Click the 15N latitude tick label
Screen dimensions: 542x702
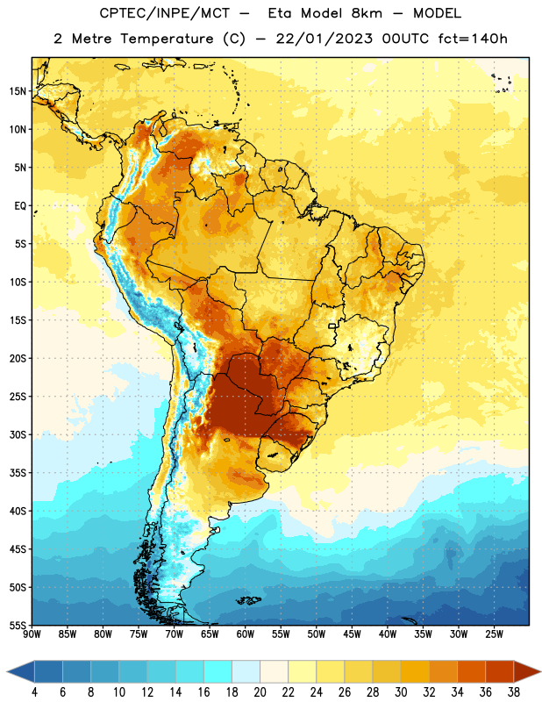coord(18,91)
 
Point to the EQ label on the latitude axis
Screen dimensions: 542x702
coord(20,206)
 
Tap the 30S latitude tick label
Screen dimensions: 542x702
coord(18,434)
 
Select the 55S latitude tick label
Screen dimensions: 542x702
coord(18,626)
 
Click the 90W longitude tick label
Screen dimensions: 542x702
coord(32,634)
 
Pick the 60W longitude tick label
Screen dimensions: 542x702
coord(246,634)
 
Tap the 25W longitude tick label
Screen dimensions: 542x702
coord(494,634)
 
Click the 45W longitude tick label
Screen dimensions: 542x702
coord(352,634)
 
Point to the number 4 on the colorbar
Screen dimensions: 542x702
coord(34,692)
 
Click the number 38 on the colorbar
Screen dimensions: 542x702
coord(514,692)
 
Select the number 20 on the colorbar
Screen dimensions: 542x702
coord(260,692)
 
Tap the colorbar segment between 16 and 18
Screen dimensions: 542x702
coord(218,672)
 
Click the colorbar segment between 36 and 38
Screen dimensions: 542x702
coord(500,672)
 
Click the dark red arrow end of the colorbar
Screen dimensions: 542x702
coord(525,672)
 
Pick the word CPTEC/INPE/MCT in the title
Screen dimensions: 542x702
coord(165,13)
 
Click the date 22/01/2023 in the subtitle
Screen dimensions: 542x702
coord(324,39)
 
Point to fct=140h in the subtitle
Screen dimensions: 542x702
coord(473,39)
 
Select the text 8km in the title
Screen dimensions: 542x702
coord(367,13)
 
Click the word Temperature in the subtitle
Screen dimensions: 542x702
coord(167,39)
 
